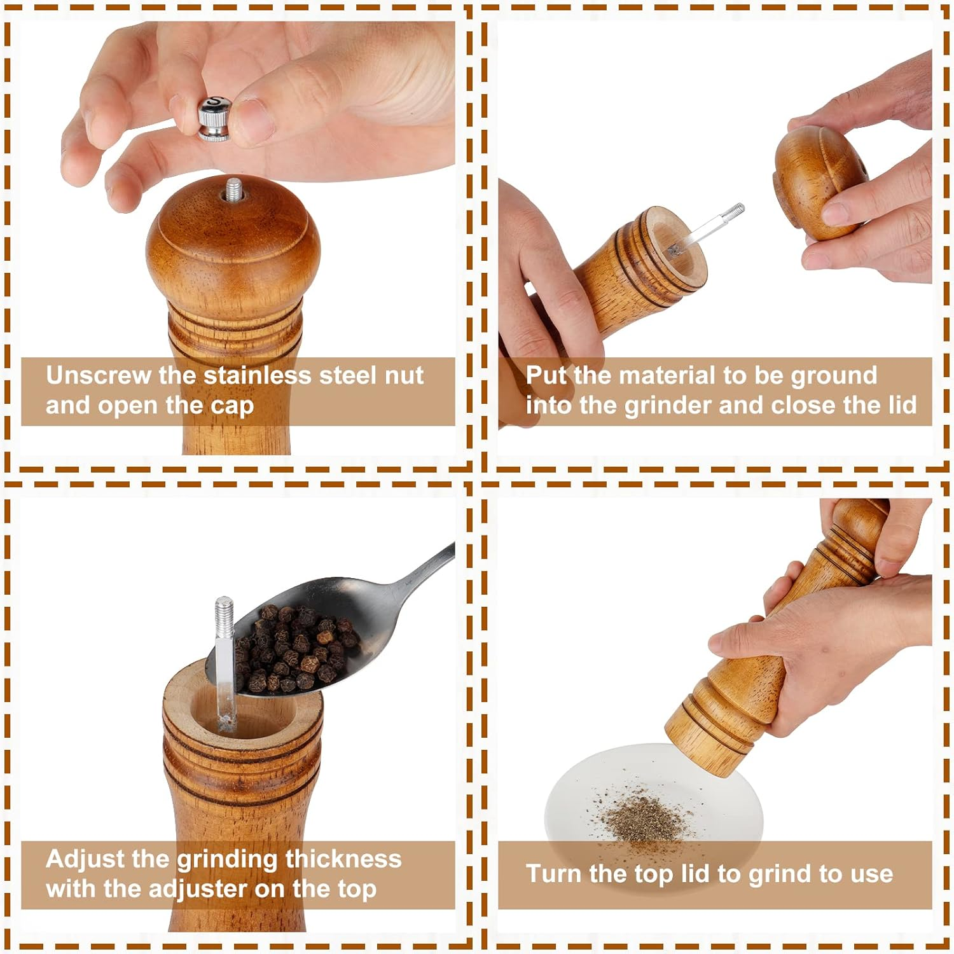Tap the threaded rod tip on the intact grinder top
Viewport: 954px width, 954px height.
[x=233, y=189]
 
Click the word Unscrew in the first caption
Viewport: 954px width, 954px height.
[x=98, y=375]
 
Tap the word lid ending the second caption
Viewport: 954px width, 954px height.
[x=902, y=405]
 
